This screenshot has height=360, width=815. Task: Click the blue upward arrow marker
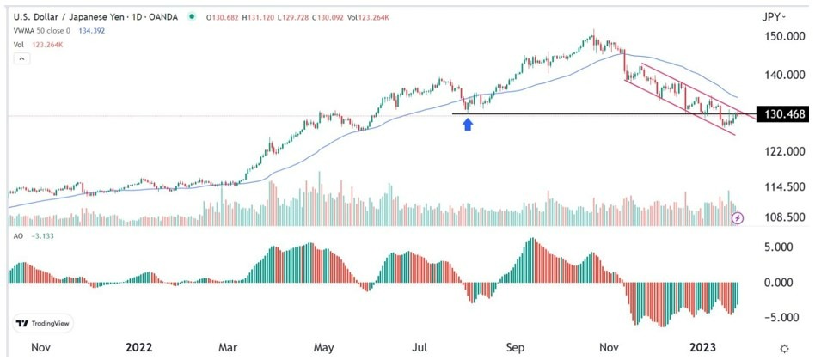point(467,125)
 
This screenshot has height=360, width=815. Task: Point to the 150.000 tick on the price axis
point(782,37)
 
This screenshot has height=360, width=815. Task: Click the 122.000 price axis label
point(782,151)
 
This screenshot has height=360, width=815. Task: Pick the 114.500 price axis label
point(782,187)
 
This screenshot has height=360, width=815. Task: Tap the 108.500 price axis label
point(782,217)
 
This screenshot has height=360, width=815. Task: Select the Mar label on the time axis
point(227,347)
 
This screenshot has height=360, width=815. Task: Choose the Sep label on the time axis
point(515,347)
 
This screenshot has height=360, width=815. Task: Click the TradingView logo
point(43,324)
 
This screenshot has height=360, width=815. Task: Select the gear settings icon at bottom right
point(783,347)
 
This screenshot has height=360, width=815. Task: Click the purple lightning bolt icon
point(738,219)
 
